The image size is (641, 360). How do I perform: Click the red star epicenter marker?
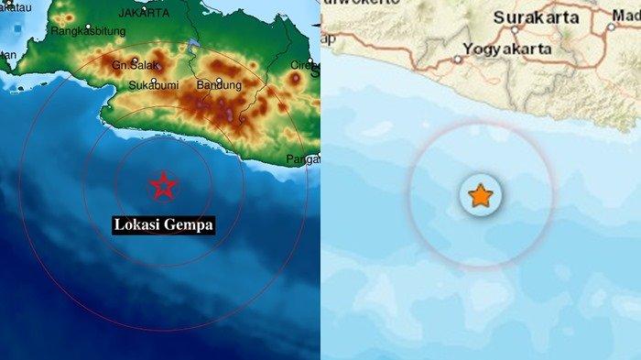click(163, 186)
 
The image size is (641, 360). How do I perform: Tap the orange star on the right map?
click(480, 195)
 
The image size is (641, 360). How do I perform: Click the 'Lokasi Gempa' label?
click(164, 224)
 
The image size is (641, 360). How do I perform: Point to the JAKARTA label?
click(144, 14)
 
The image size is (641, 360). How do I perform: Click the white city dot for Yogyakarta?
click(458, 60)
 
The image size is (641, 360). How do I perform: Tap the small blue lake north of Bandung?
click(192, 45)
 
